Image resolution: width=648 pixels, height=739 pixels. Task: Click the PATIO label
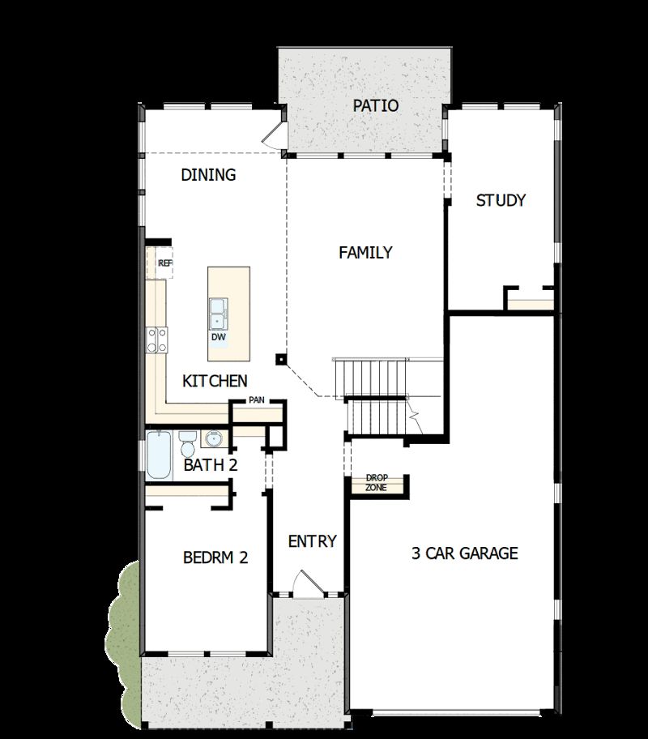point(376,105)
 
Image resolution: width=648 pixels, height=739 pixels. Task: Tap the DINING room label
point(208,174)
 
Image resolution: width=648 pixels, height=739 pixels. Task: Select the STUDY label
point(501,200)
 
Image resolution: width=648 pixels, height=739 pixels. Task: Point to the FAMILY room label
point(365,252)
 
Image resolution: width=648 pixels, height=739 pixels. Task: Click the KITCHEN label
point(215,381)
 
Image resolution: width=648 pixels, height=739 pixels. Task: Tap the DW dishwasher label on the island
point(218,337)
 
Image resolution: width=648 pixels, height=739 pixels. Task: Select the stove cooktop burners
point(156,339)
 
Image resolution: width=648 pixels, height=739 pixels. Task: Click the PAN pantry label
point(256,400)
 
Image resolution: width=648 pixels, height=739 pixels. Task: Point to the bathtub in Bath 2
point(159,455)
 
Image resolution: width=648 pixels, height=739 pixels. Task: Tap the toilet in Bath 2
point(187,444)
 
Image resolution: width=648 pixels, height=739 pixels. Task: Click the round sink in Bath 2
point(214,440)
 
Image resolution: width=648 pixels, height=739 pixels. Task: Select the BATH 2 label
point(210,465)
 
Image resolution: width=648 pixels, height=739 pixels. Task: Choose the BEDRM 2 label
point(215,557)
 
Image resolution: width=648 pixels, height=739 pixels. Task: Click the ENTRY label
point(312,541)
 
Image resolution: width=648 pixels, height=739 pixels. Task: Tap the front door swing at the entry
point(305,585)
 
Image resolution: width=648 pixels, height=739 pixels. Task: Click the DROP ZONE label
point(377,483)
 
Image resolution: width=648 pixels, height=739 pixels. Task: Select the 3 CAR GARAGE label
point(464,554)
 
